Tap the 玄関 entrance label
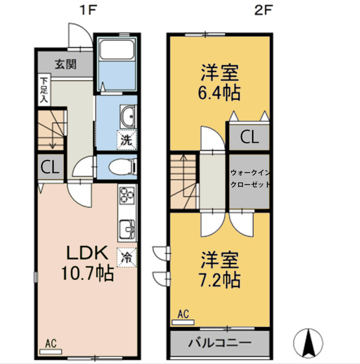(66, 64)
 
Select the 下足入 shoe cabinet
(43, 90)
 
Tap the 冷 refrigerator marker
(127, 257)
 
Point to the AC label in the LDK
(51, 344)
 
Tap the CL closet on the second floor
(248, 136)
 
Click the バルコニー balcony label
(219, 344)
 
